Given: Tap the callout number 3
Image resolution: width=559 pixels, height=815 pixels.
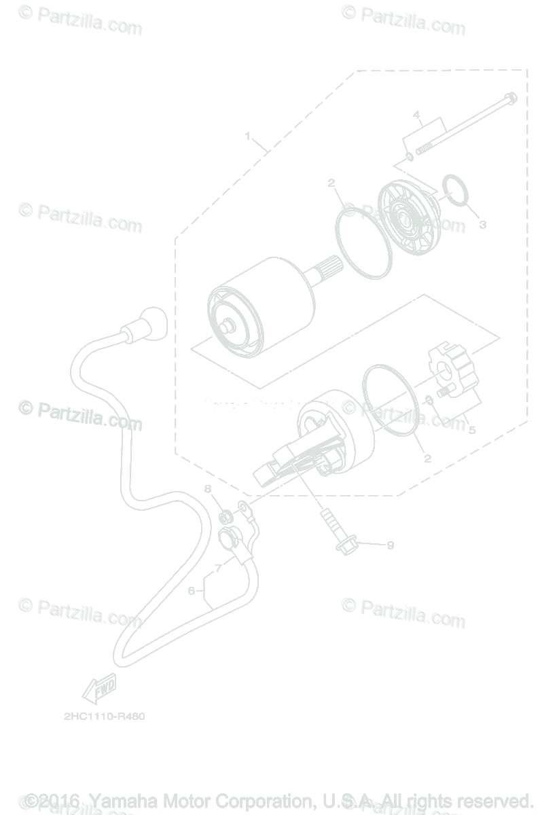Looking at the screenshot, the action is click(482, 224).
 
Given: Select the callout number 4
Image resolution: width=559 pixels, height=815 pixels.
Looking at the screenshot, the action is click(416, 116).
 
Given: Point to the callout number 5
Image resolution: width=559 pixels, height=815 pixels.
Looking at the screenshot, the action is click(471, 430).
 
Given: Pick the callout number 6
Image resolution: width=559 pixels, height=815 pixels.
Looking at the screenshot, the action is click(192, 591).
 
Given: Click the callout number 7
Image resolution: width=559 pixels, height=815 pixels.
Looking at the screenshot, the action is click(218, 567).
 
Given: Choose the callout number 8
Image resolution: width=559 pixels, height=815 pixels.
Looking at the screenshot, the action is click(208, 489).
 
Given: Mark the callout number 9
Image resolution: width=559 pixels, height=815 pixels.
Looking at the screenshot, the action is click(390, 545).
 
